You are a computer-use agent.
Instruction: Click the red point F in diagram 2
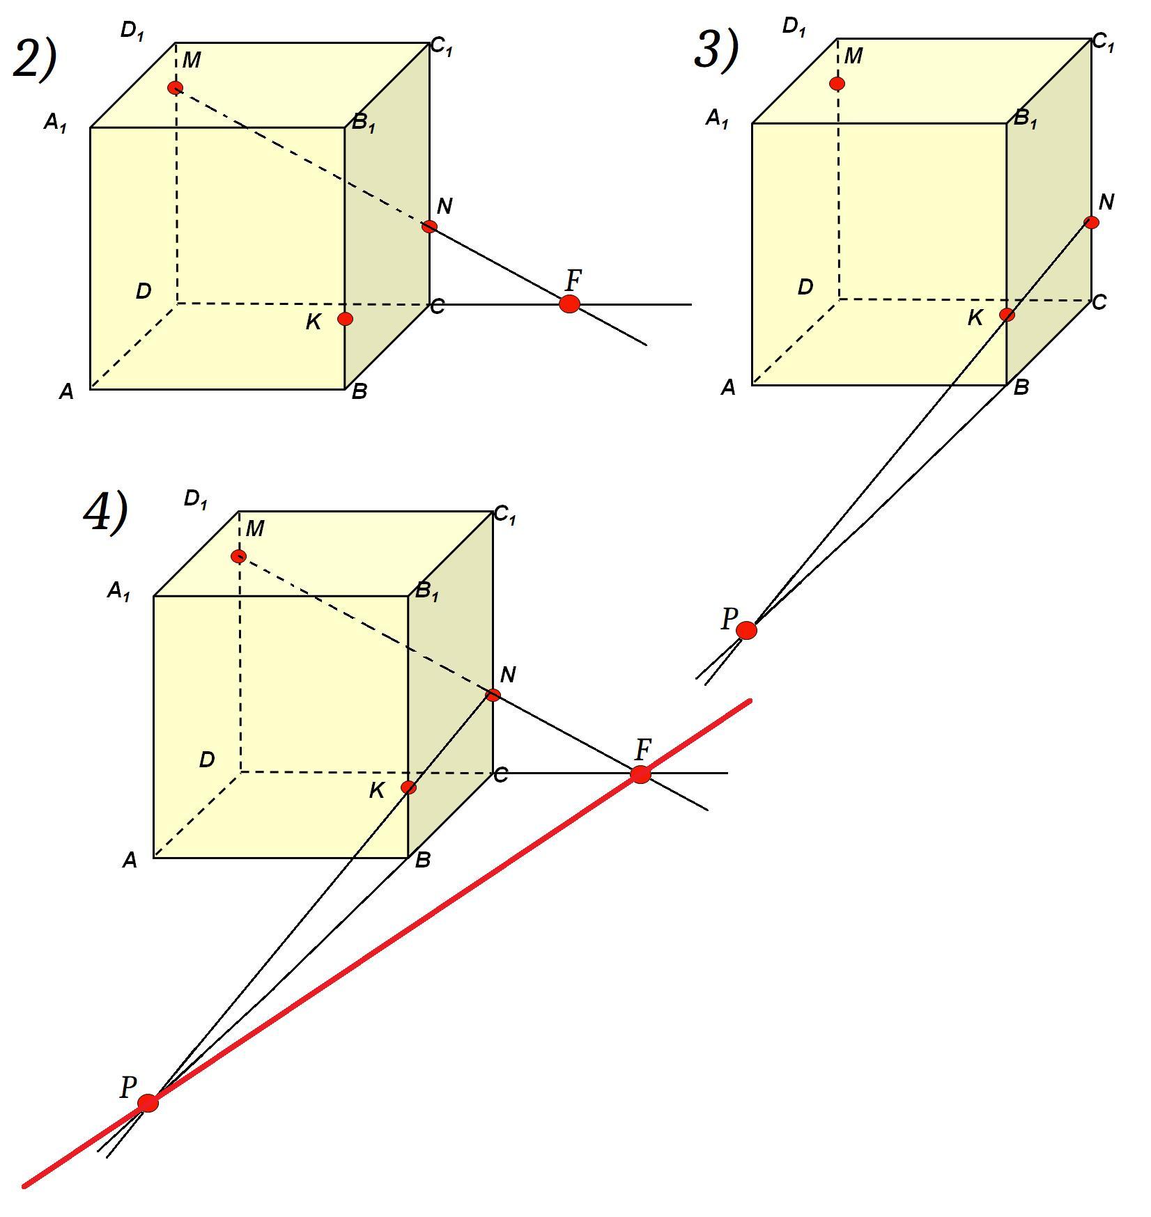[569, 304]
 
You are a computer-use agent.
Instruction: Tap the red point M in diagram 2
[175, 88]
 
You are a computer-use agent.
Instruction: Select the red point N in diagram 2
[429, 226]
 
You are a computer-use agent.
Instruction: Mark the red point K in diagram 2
[345, 319]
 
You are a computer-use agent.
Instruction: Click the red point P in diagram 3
[746, 630]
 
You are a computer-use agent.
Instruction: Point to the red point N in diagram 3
[1091, 222]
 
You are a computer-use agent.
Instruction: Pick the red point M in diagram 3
[837, 84]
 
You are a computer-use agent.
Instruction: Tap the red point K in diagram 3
[1007, 315]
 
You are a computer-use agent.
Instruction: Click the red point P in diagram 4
[148, 1103]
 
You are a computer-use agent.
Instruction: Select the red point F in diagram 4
[640, 774]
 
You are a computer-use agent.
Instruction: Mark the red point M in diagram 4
[238, 556]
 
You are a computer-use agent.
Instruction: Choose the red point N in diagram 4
[493, 694]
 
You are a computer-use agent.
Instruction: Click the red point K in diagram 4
[408, 787]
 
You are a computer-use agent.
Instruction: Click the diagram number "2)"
[35, 58]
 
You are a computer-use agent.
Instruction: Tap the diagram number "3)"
[716, 50]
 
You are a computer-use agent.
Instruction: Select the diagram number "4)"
[106, 512]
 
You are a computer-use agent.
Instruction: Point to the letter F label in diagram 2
[573, 281]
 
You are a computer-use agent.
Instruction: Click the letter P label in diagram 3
[729, 618]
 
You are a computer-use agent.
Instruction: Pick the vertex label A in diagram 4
[130, 861]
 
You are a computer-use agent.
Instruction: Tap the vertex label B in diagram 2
[359, 392]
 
